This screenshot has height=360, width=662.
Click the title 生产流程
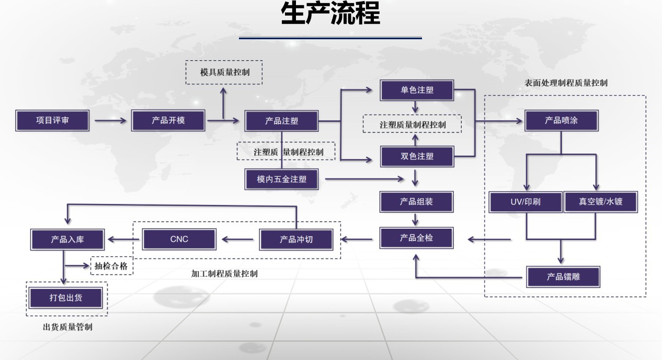click(330, 14)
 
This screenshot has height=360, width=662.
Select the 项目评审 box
click(52, 120)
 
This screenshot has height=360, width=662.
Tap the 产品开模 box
click(168, 120)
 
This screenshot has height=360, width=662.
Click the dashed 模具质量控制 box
click(224, 72)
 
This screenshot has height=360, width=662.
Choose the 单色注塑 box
click(417, 90)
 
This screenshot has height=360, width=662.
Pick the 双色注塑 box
click(417, 156)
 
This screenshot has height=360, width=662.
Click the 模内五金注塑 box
click(281, 179)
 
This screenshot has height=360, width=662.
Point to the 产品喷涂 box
click(561, 120)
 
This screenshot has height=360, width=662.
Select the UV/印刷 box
click(526, 203)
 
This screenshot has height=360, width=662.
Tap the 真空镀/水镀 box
click(601, 203)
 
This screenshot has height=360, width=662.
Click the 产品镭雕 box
click(562, 277)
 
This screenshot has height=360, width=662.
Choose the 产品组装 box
click(416, 201)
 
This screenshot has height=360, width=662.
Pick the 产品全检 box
click(416, 238)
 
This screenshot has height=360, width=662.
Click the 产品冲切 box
click(296, 240)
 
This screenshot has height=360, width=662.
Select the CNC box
click(179, 240)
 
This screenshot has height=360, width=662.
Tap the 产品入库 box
click(67, 240)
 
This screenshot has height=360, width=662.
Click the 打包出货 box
click(66, 298)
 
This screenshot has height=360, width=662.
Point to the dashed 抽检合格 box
click(111, 266)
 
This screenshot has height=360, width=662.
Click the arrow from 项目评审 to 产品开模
click(110, 121)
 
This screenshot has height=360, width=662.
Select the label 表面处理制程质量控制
click(566, 83)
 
